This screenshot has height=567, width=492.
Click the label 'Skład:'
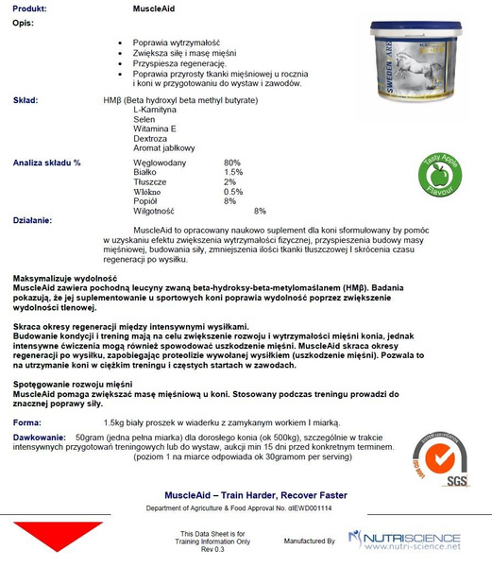click(25, 98)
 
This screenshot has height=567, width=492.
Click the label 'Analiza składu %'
click(47, 163)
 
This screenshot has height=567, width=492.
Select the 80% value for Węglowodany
click(232, 163)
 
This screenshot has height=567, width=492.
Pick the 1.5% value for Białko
click(233, 172)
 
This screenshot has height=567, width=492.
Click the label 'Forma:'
click(27, 421)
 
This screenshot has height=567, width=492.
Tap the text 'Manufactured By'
click(311, 541)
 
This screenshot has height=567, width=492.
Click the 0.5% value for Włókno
click(233, 192)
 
